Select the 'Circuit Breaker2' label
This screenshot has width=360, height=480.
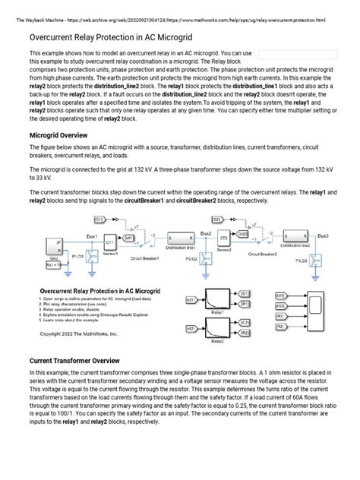pyautogui.click(x=261, y=254)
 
